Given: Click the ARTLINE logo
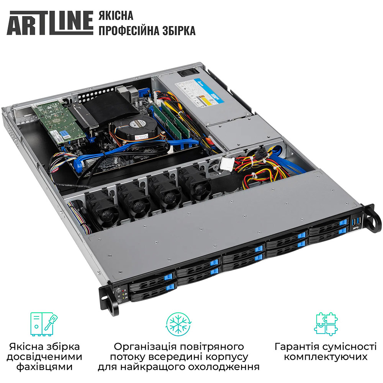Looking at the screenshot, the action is point(50,23).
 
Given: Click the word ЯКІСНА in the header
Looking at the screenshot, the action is point(116,16).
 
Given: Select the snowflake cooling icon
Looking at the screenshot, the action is point(179,324).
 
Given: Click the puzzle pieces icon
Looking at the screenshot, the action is point(326,323).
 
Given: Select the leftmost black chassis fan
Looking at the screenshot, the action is point(101,209).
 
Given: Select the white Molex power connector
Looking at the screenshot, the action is point(227,164).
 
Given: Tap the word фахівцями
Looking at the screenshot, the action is point(45,367).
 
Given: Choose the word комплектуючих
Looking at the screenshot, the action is point(326,357).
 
